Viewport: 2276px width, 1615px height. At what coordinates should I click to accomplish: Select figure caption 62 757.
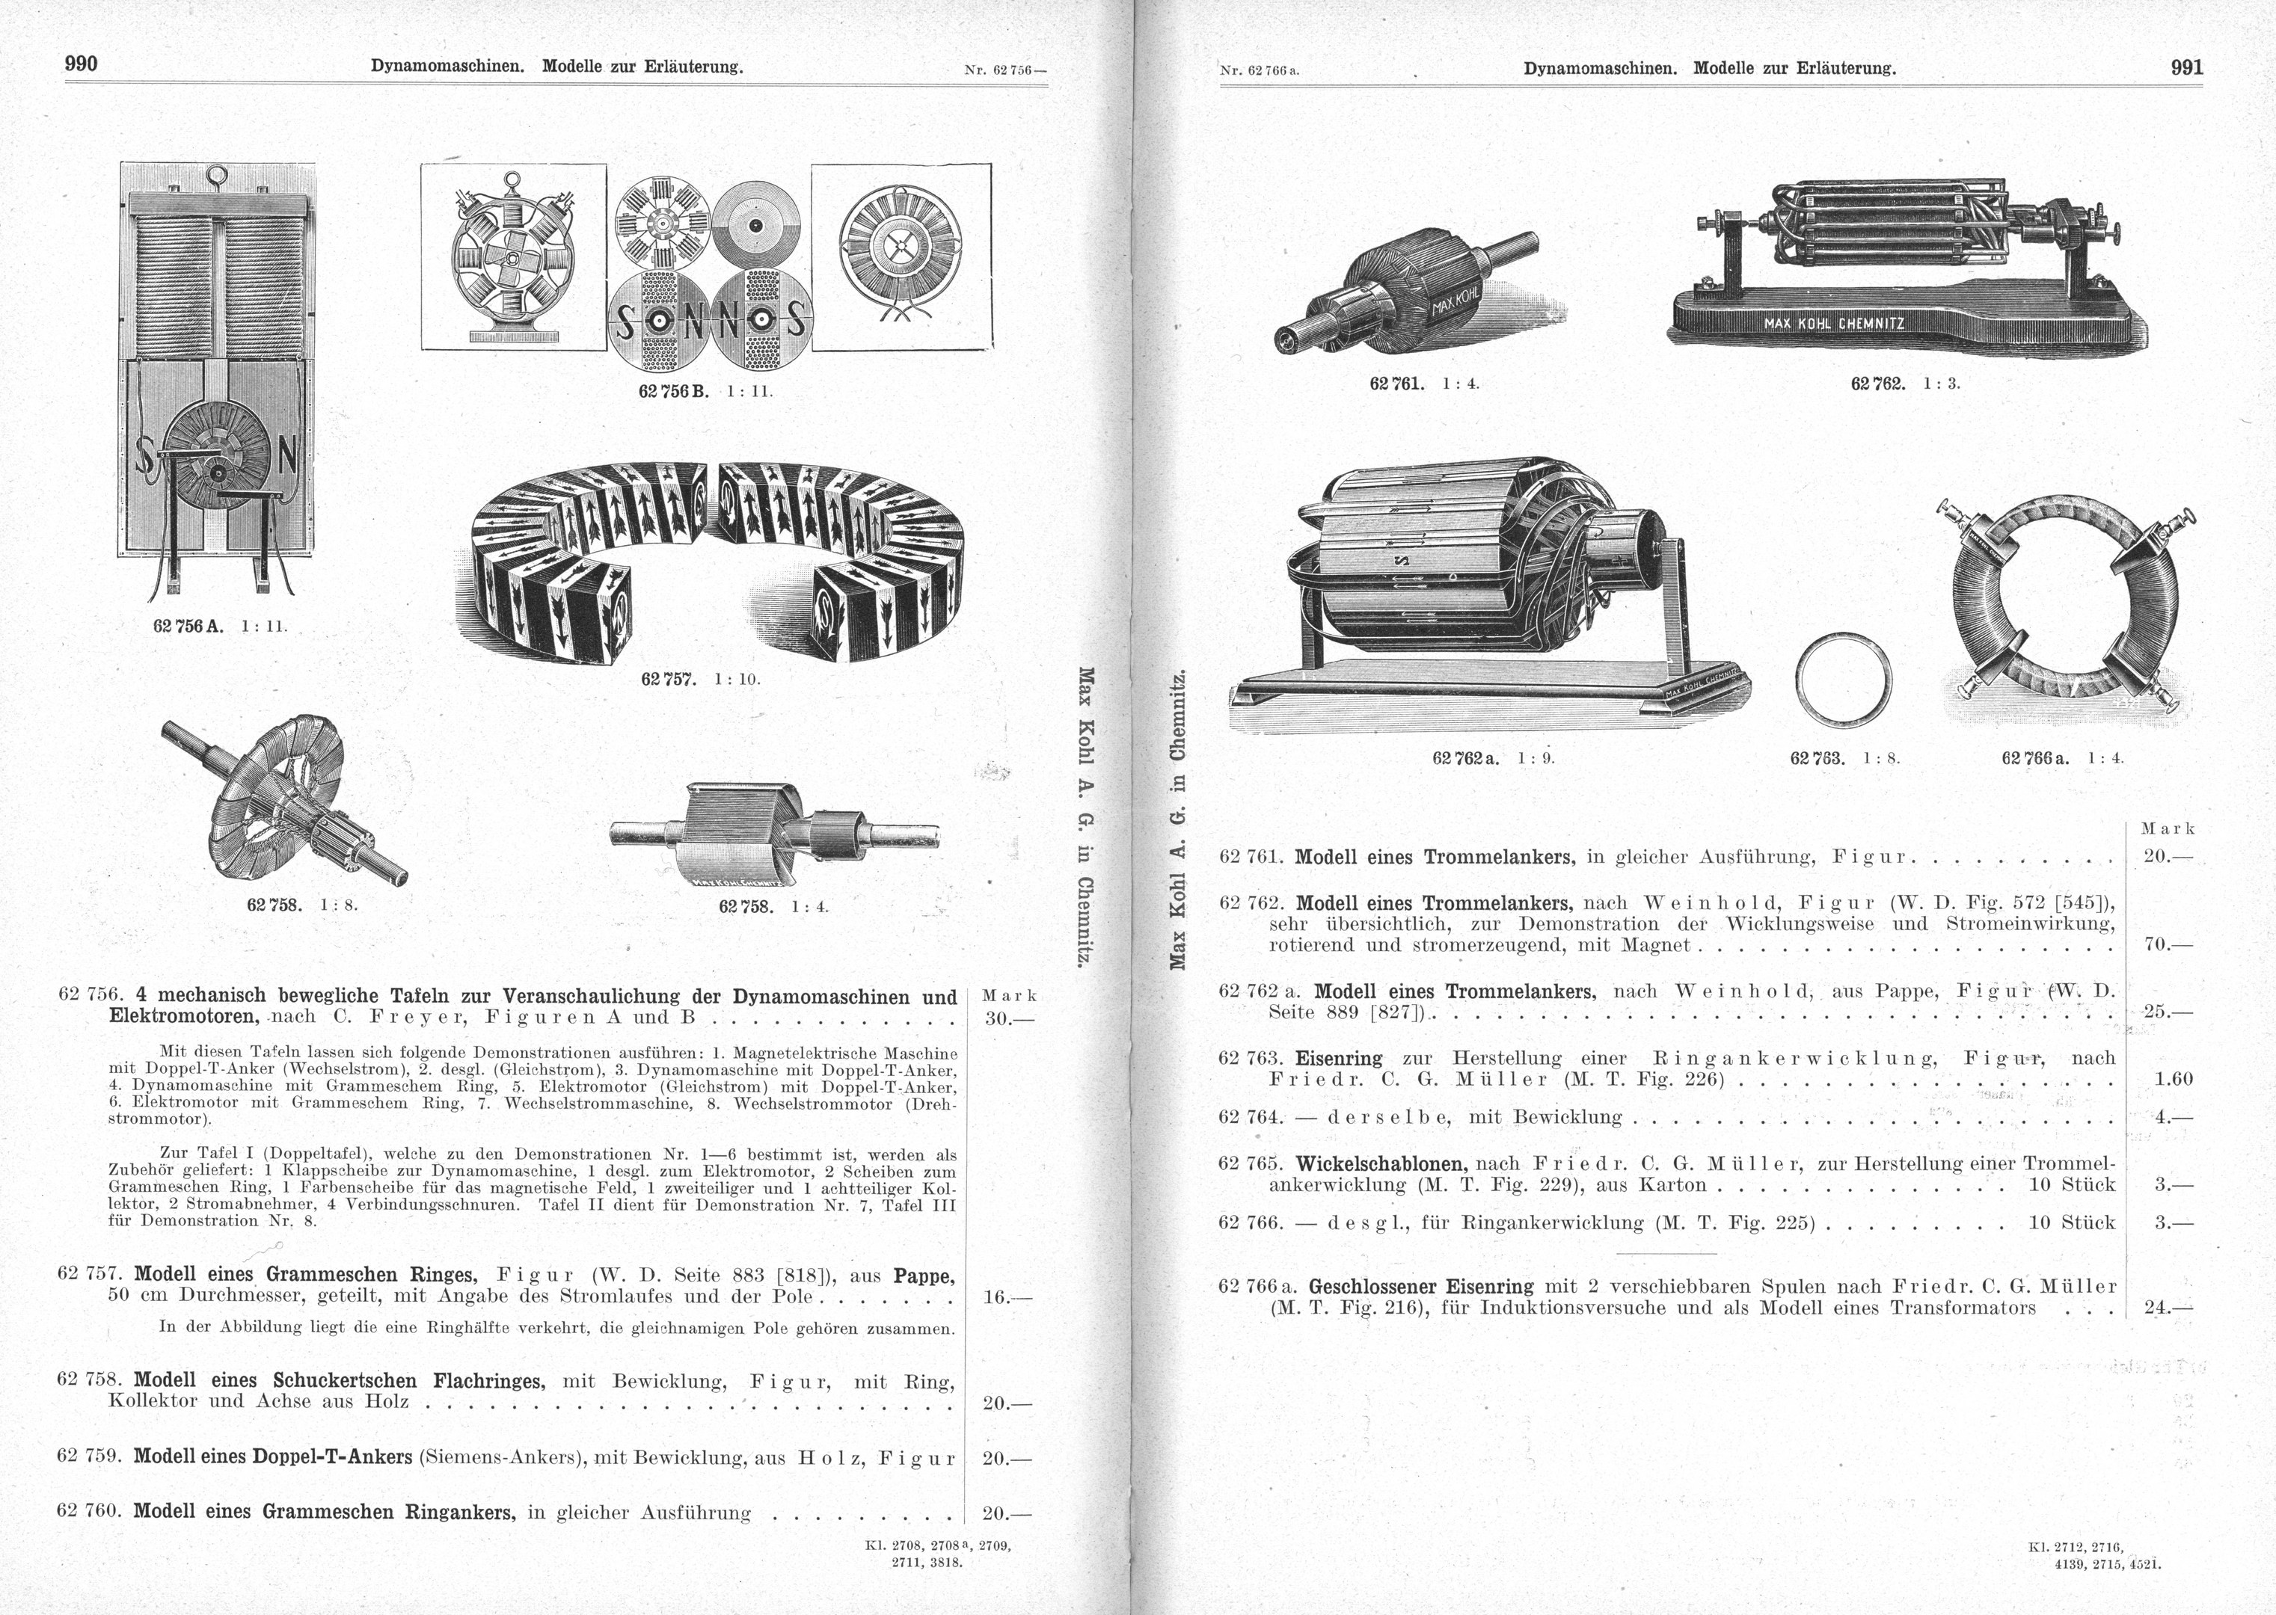[x=667, y=679]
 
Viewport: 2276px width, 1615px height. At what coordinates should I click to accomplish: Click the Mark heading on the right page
[x=2168, y=828]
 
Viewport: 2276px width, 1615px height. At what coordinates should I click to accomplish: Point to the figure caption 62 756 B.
[x=672, y=392]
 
